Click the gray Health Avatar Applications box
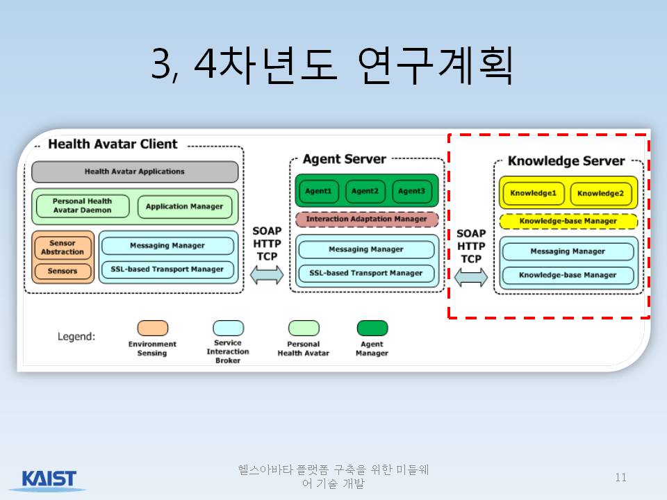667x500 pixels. point(135,172)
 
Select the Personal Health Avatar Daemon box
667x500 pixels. point(83,206)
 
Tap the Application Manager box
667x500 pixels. point(185,207)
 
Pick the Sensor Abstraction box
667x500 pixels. point(63,247)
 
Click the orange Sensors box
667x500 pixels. point(63,272)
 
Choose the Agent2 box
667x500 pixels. point(365,192)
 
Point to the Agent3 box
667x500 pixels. point(411,192)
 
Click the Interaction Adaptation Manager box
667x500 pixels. point(367,219)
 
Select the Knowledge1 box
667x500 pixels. point(534,194)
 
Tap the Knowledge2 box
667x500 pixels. point(600,194)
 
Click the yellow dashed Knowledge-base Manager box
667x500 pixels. point(568,222)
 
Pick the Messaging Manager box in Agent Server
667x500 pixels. point(366,249)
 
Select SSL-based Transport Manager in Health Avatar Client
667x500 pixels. point(167,269)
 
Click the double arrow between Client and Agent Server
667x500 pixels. point(267,275)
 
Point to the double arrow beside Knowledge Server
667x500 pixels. point(471,278)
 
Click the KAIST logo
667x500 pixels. point(49,479)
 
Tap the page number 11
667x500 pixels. point(620,478)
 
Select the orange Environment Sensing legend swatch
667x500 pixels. point(153,328)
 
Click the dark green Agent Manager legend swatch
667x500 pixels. point(372,328)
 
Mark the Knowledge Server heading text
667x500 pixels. point(566,161)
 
